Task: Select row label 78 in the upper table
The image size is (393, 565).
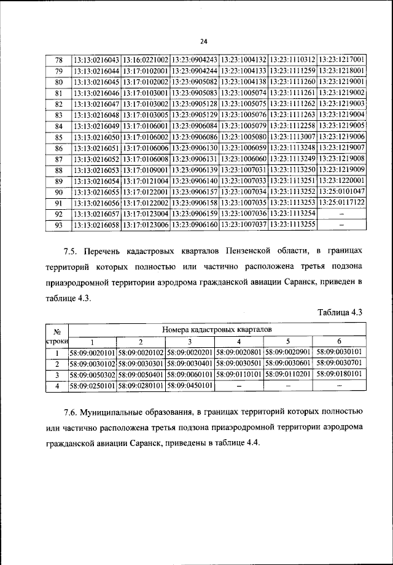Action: tap(59, 60)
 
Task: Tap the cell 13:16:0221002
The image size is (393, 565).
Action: tap(146, 60)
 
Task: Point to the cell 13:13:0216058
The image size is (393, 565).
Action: tap(96, 225)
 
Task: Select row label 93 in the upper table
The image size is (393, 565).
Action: tap(59, 225)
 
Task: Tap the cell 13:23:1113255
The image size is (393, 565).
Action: tap(292, 225)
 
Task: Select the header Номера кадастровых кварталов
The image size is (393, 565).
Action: tap(217, 330)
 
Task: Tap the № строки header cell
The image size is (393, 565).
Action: tap(56, 336)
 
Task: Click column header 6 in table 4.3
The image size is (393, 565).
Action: tap(338, 342)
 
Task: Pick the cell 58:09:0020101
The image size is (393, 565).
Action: tap(92, 353)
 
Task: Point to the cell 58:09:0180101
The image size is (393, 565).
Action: tap(339, 374)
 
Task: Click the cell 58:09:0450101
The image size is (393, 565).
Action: tap(190, 386)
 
